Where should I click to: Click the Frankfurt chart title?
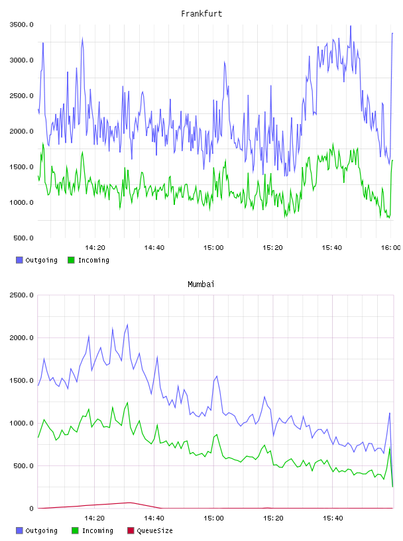tap(201, 14)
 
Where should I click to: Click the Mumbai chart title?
tap(201, 284)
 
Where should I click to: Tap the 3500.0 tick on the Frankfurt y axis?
tap(21, 25)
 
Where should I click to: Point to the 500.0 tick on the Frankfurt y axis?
tap(23, 238)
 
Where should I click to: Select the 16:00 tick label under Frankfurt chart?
tap(390, 248)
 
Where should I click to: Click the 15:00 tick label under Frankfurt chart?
tap(213, 248)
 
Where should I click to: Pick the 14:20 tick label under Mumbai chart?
tap(95, 518)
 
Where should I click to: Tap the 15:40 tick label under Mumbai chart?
tap(333, 518)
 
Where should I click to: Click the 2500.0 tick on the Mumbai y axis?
tap(21, 295)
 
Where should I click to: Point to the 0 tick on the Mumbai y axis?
tap(31, 509)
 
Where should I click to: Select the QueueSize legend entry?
tap(150, 530)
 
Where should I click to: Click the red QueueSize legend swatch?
tap(131, 530)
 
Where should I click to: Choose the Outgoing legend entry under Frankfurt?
tap(36, 260)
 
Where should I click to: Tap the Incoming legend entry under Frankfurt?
tap(88, 260)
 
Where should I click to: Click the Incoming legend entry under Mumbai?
tap(92, 530)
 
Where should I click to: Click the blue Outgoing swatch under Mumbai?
tap(19, 530)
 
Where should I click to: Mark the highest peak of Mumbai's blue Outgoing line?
tap(128, 324)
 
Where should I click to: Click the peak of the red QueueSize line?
tap(131, 503)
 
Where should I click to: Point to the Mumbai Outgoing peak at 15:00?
tap(217, 376)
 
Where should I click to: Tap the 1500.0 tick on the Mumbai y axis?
tap(21, 381)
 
